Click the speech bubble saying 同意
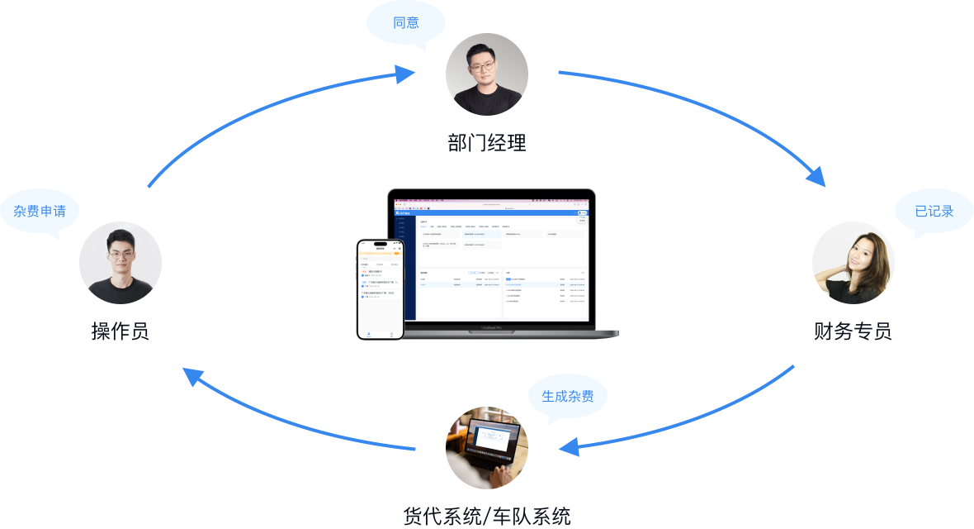pyautogui.click(x=406, y=23)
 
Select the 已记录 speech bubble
pyautogui.click(x=934, y=212)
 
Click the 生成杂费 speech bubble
pyautogui.click(x=567, y=396)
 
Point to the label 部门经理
pyautogui.click(x=487, y=143)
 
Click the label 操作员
pyautogui.click(x=121, y=331)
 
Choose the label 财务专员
pyautogui.click(x=853, y=331)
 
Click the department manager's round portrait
pyautogui.click(x=487, y=74)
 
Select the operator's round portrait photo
pyautogui.click(x=121, y=263)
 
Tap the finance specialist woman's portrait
pyautogui.click(x=853, y=263)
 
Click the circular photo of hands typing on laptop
pyautogui.click(x=487, y=448)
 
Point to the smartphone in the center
pyautogui.click(x=380, y=289)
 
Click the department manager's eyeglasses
pyautogui.click(x=485, y=61)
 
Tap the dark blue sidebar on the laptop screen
pyautogui.click(x=404, y=269)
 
